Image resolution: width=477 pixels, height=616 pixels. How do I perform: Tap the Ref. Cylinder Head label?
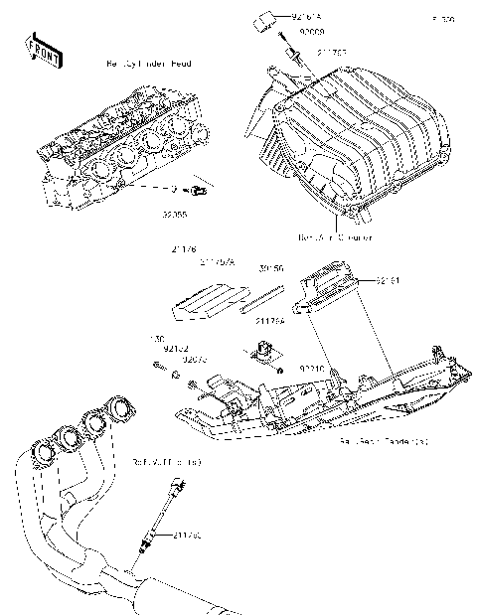148,64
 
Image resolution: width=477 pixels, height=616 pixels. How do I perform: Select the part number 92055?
189,212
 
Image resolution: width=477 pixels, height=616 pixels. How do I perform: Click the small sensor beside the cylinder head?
197,189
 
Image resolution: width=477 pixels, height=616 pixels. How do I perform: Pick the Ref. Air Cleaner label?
334,238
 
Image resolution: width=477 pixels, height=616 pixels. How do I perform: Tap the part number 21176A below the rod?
269,321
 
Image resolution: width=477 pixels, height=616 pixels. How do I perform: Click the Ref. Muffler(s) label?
167,462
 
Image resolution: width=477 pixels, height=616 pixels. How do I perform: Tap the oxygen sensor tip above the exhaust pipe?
178,483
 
